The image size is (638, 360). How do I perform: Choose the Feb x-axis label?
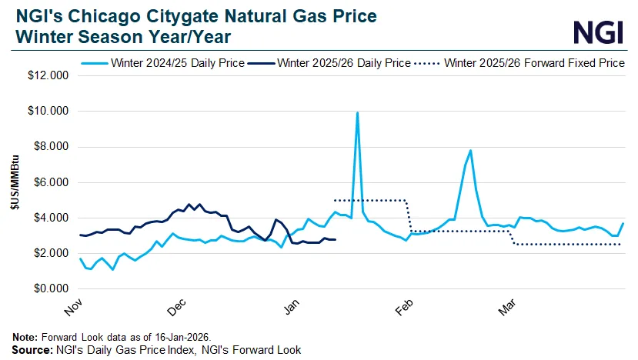[401, 305]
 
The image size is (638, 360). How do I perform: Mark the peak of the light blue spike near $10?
[357, 113]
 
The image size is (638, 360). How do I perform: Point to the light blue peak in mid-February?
[470, 151]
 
